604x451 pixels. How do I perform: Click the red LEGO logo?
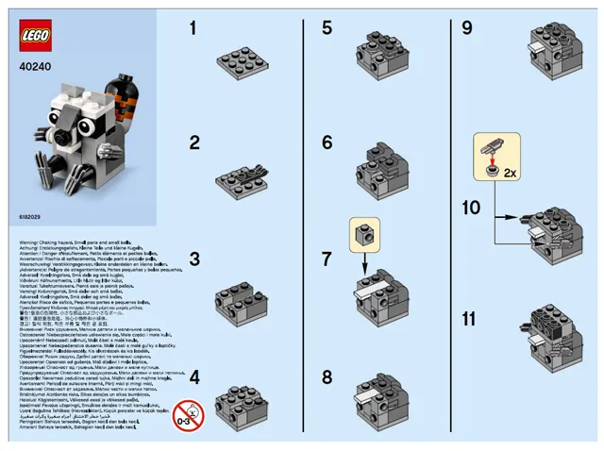tap(37, 39)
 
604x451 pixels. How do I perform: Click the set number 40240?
tap(33, 68)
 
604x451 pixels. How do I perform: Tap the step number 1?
tap(193, 28)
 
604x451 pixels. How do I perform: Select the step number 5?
tap(327, 28)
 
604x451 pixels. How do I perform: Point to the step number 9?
tap(467, 28)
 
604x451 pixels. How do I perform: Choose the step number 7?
tap(327, 259)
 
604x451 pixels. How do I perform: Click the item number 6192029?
tap(29, 217)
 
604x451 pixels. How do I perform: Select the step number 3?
tap(193, 259)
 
